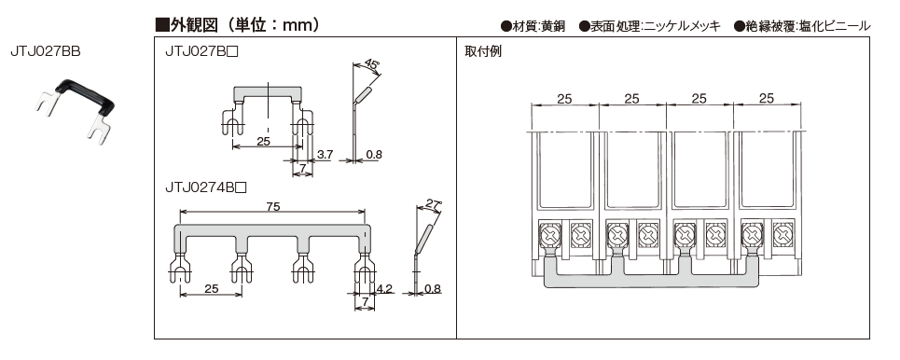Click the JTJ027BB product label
pyautogui.click(x=46, y=51)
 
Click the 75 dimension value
pyautogui.click(x=272, y=207)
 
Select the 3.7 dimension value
pyautogui.click(x=325, y=154)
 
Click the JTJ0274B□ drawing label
pyautogui.click(x=205, y=187)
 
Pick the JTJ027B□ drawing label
pyautogui.click(x=201, y=51)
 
